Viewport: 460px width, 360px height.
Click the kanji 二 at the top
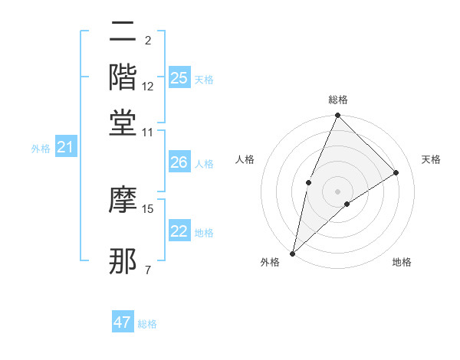(x=123, y=33)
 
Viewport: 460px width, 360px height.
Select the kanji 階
(x=123, y=77)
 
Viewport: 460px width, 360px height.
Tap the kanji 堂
(x=123, y=123)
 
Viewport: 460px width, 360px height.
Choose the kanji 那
(x=123, y=261)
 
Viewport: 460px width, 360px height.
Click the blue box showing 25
(x=179, y=78)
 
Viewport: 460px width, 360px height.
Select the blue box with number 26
(x=179, y=162)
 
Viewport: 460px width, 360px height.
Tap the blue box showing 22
(x=179, y=231)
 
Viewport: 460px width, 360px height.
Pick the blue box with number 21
(x=65, y=147)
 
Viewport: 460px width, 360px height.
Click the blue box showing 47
(x=123, y=322)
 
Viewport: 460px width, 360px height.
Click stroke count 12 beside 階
(x=149, y=87)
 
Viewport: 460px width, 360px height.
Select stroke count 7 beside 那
(x=148, y=270)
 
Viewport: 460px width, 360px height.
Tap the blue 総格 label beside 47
(x=147, y=324)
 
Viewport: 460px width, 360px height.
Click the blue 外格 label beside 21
(x=41, y=149)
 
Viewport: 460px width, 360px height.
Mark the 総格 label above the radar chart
(x=337, y=100)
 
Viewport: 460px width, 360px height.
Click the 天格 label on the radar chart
(x=432, y=159)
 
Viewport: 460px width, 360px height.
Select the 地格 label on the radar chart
(x=402, y=263)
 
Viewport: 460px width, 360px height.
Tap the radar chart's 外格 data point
(x=292, y=253)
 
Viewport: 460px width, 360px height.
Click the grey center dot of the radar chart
(x=337, y=191)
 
